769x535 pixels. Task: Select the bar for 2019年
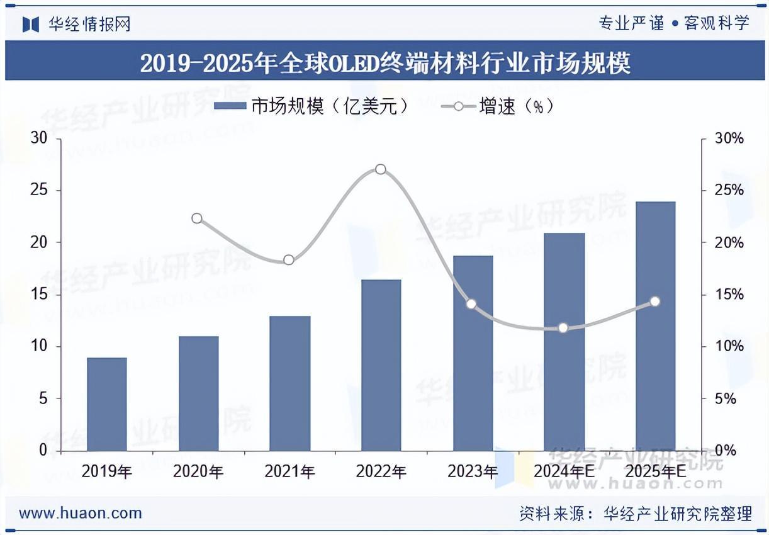(107, 404)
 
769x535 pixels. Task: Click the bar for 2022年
(381, 365)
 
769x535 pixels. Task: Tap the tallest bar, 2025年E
(655, 326)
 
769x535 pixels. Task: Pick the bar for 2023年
(473, 353)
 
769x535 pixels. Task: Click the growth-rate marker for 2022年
(381, 169)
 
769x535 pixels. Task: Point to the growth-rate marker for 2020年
(197, 218)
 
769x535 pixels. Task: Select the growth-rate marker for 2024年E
(563, 327)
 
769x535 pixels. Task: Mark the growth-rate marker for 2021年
(289, 260)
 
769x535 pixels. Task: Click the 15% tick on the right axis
(728, 295)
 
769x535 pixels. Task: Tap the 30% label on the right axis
(728, 138)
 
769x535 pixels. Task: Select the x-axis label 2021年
(289, 471)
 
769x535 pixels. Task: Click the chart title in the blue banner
(384, 63)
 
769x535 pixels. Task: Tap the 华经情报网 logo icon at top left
(31, 24)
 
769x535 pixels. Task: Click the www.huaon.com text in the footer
(81, 513)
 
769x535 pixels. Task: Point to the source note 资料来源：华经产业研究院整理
(636, 514)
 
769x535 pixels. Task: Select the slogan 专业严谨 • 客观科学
(673, 24)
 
